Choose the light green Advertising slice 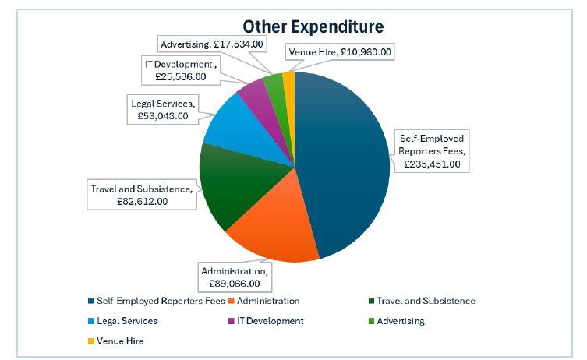pos(274,84)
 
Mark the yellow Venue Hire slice pos(289,80)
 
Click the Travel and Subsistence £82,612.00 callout pos(140,195)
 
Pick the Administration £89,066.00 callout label pos(234,277)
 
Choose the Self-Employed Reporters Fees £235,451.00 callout pos(432,151)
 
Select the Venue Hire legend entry pos(117,341)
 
